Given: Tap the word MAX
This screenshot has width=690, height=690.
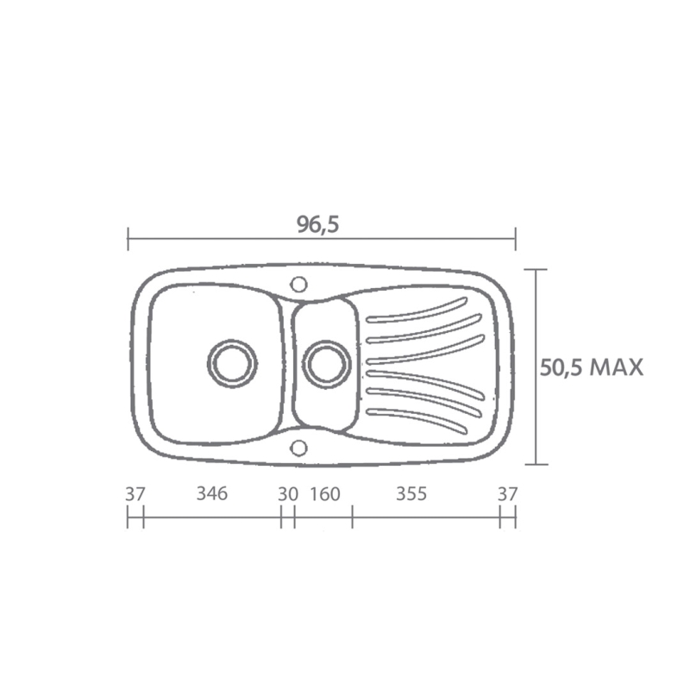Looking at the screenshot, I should [x=616, y=367].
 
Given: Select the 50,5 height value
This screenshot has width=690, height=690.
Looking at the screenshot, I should [x=562, y=367].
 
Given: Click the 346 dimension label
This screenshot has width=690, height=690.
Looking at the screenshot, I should [x=211, y=494].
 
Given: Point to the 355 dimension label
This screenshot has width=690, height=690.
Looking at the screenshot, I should [x=411, y=494].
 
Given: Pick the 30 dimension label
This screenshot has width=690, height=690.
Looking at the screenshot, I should [x=287, y=494].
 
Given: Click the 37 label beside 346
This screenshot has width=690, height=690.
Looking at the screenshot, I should [x=135, y=494].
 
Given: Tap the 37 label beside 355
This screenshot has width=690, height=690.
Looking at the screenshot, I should [x=507, y=494].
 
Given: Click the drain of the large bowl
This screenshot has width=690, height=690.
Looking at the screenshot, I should [x=231, y=362].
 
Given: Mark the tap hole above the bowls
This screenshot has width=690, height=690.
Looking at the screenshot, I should [x=298, y=284].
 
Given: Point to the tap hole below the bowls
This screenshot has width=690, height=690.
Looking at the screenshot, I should [x=298, y=447].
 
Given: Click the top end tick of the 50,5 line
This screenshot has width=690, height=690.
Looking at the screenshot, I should [x=536, y=270].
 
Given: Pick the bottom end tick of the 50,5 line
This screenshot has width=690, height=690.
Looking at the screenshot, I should [x=536, y=464].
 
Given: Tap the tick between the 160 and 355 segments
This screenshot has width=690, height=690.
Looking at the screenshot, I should [x=352, y=517].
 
